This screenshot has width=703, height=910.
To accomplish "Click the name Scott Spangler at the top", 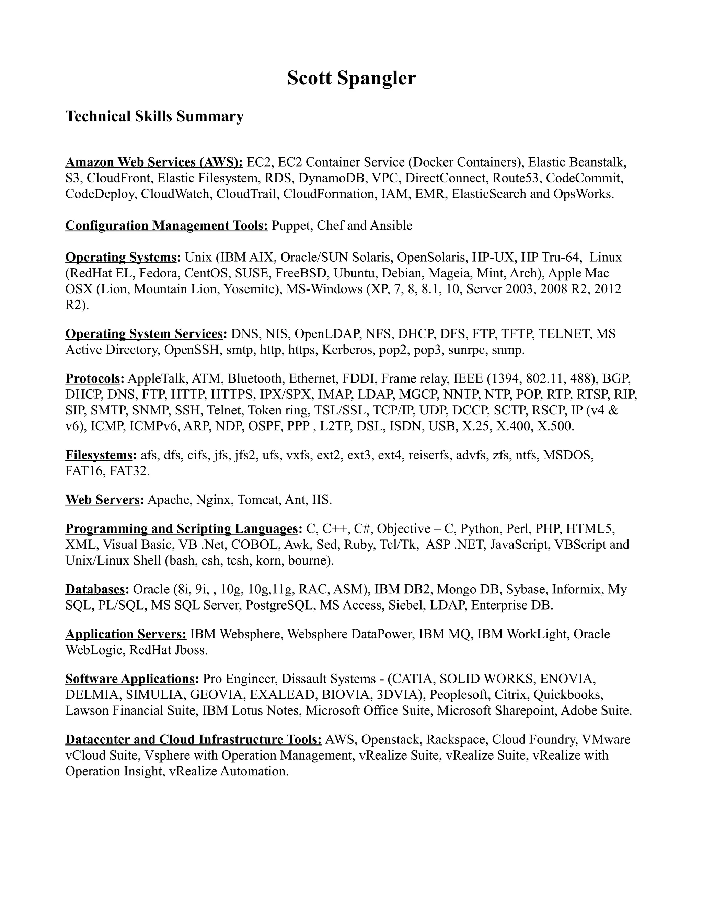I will pos(351,78).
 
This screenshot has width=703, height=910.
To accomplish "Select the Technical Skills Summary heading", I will pos(154,116).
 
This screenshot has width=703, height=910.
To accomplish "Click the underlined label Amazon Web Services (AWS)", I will pos(154,162).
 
